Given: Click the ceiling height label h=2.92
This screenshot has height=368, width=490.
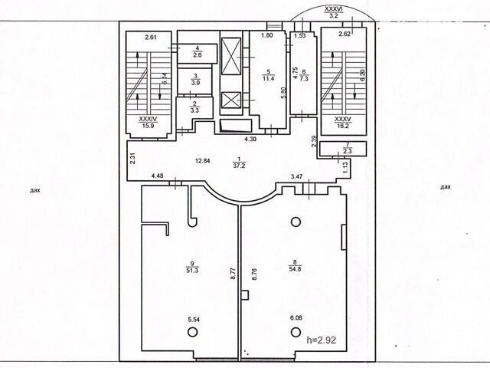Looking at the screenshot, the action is (x=322, y=340).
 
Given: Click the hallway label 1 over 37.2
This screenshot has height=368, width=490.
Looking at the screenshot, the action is (x=240, y=163).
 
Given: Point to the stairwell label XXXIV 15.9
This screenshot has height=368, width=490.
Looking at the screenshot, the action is (x=148, y=122).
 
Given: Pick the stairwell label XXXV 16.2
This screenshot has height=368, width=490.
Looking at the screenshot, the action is (x=343, y=123).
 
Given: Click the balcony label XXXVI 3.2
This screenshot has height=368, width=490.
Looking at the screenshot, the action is (x=334, y=13).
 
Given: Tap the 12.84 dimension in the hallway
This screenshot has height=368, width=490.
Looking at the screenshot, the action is (x=202, y=161).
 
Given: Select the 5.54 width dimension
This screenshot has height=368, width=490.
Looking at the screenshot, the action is (x=194, y=320).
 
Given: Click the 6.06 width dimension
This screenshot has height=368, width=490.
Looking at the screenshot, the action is (x=296, y=318).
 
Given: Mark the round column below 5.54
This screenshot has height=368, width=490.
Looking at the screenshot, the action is (x=192, y=332).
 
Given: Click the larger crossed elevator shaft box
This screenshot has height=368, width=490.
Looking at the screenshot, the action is (x=231, y=57).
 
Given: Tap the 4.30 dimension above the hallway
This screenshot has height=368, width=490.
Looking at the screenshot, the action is (x=250, y=140).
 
